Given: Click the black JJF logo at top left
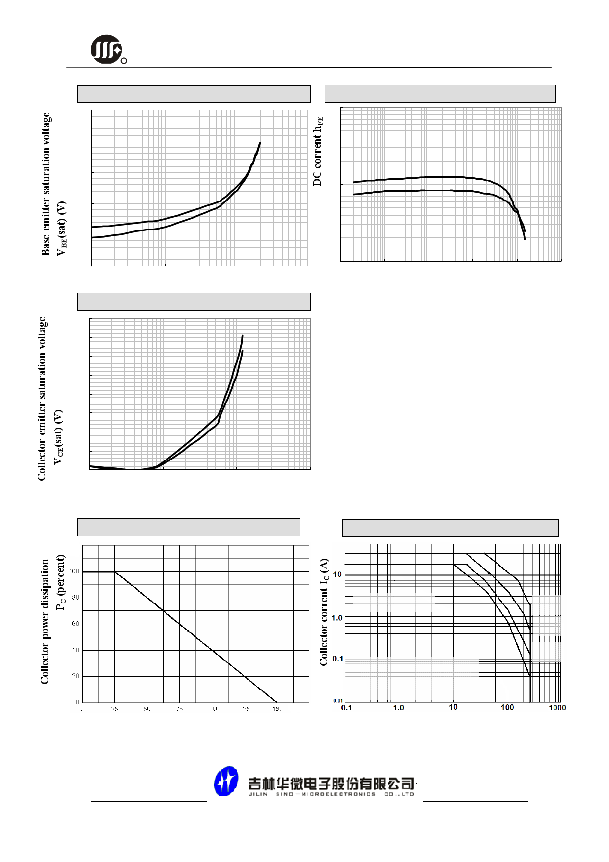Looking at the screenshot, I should (107, 49).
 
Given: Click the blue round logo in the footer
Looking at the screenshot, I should (226, 781).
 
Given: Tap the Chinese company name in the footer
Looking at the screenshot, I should (331, 783).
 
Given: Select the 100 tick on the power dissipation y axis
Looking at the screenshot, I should (74, 571).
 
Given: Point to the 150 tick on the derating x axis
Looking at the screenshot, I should (277, 709).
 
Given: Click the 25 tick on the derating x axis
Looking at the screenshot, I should (114, 709).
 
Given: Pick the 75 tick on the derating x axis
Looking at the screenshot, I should (179, 709).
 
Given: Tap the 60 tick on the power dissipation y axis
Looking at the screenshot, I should (75, 624).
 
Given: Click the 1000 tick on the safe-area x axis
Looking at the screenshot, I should (557, 708).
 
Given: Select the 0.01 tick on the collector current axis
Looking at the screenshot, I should (338, 701).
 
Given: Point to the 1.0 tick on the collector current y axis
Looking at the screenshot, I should (337, 618).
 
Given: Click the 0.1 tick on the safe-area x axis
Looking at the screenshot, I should (346, 708).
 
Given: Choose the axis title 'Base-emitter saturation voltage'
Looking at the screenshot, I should (46, 184).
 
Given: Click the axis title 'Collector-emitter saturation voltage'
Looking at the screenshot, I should (42, 399).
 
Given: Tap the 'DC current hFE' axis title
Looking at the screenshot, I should (318, 151).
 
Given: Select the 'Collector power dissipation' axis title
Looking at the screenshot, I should (45, 622).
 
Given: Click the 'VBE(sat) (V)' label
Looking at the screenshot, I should (61, 229).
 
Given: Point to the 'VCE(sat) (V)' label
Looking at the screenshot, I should (58, 437).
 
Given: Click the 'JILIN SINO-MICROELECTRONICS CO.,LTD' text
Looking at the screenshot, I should (331, 794).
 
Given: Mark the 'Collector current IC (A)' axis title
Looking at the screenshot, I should (324, 612).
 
